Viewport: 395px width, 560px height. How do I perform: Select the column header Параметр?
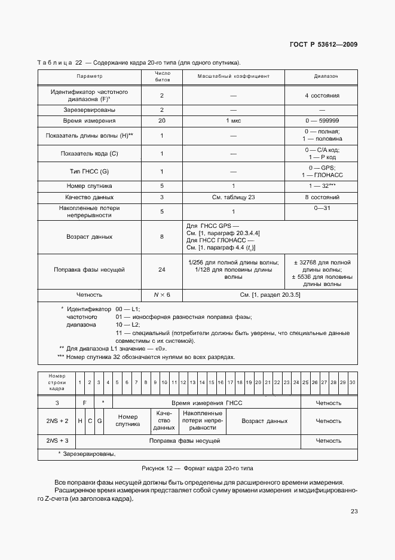[x=90, y=77]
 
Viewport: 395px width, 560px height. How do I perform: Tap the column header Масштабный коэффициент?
[x=234, y=77]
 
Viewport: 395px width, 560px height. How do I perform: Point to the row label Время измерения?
[x=90, y=121]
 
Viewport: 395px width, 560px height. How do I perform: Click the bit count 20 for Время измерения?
[x=162, y=121]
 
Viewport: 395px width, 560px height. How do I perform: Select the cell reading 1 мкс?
[x=234, y=121]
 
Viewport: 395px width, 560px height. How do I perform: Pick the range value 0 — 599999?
[x=322, y=121]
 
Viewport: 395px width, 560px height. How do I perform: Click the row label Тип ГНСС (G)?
[x=90, y=172]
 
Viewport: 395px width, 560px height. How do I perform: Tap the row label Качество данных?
[x=90, y=197]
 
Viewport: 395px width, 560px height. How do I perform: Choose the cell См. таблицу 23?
[x=234, y=197]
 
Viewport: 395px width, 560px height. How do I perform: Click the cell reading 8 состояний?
[x=322, y=197]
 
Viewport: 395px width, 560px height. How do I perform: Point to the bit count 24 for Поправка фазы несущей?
[x=162, y=270]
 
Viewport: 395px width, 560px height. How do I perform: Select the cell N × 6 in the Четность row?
[x=162, y=295]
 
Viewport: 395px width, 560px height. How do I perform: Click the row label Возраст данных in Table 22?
[x=90, y=237]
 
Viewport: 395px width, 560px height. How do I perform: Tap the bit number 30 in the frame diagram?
[x=353, y=382]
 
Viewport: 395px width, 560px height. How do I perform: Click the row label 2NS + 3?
[x=58, y=441]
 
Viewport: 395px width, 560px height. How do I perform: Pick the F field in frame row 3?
[x=85, y=403]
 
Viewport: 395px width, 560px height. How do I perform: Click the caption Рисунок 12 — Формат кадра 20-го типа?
[x=197, y=468]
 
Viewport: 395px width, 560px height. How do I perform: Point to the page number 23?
[x=354, y=512]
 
